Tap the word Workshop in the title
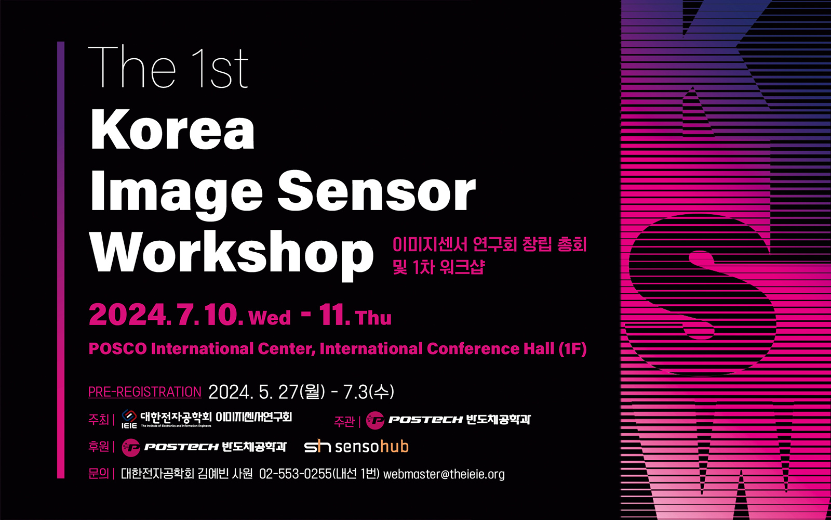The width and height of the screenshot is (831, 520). click(232, 255)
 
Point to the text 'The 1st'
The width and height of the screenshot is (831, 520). click(168, 67)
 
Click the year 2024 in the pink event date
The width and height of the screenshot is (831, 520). click(128, 315)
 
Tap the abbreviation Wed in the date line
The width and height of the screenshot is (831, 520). click(270, 318)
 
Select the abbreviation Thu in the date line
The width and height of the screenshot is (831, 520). click(373, 318)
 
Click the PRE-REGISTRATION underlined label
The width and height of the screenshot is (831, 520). click(145, 392)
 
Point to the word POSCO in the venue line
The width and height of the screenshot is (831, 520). click(118, 349)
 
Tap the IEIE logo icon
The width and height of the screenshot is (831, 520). click(129, 419)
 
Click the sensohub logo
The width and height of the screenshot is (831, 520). click(356, 447)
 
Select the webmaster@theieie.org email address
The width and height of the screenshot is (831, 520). click(444, 474)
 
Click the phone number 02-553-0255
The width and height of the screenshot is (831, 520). click(296, 474)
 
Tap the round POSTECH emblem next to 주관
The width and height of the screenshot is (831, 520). click(375, 421)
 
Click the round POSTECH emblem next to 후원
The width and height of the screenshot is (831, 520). click(131, 448)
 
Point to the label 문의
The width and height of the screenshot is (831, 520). click(99, 474)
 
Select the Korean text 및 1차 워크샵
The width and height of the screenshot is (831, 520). click(439, 267)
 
